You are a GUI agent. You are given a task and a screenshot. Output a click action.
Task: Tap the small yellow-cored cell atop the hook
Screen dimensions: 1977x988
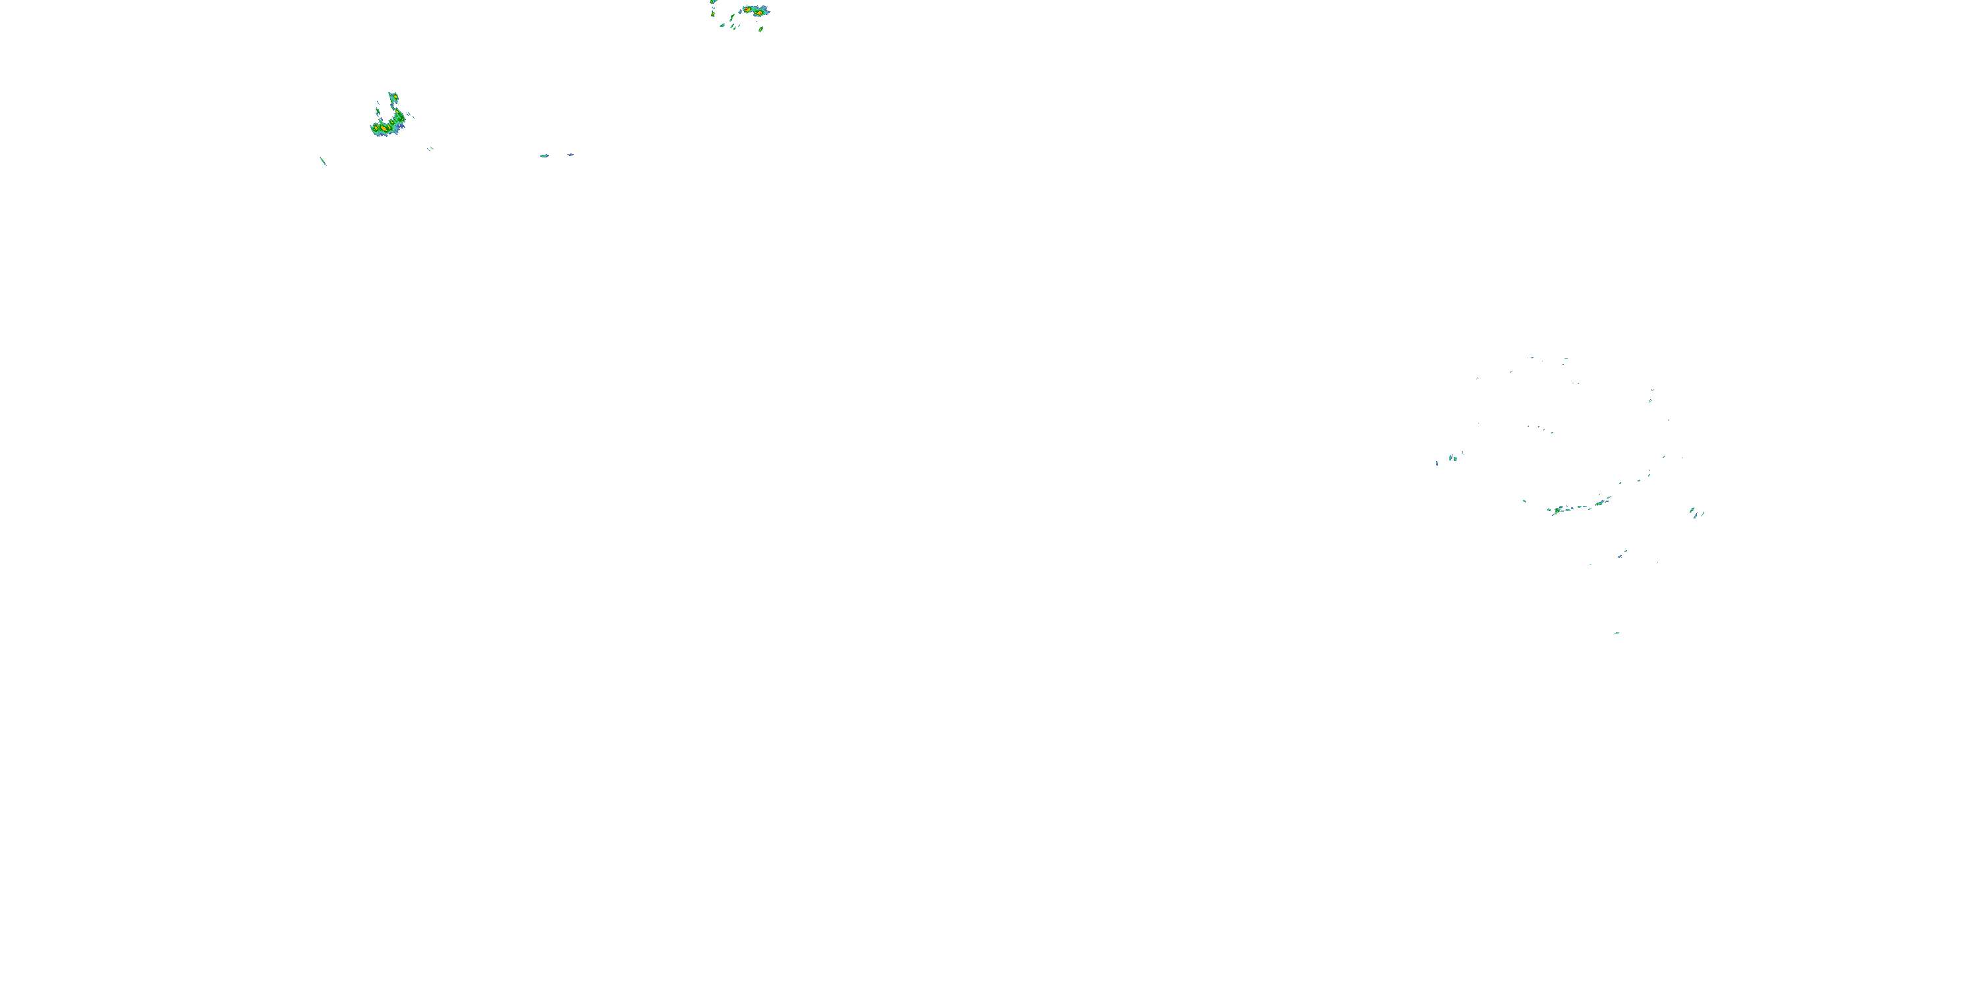click(x=393, y=97)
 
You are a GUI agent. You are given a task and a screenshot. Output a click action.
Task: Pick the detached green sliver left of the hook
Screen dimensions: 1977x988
click(x=378, y=111)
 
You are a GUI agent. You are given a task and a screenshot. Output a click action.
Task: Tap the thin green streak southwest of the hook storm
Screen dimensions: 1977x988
click(x=323, y=161)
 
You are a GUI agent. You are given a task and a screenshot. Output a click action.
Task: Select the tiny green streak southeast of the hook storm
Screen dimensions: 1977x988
click(x=430, y=148)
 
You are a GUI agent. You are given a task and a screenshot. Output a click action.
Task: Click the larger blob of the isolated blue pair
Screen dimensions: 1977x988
click(x=545, y=155)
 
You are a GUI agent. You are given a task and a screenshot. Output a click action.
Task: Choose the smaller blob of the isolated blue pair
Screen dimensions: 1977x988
click(x=570, y=155)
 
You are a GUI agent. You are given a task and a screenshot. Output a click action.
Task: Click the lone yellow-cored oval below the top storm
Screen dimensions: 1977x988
click(x=760, y=28)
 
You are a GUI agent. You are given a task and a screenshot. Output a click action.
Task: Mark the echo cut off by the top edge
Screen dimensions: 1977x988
click(x=714, y=2)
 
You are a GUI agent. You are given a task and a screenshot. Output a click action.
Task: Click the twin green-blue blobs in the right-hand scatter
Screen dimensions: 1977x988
click(x=1453, y=458)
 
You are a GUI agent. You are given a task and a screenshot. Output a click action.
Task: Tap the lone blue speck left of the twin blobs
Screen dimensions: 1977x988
click(x=1437, y=463)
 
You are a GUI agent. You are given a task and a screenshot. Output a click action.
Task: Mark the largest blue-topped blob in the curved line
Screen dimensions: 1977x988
click(x=1601, y=503)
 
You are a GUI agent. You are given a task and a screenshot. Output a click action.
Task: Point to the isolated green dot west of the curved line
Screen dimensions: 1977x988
click(x=1524, y=501)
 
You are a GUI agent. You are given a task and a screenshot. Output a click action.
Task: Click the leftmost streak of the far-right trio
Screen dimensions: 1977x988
click(x=1692, y=510)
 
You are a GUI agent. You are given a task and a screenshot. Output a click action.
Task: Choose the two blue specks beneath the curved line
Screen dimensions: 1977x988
click(x=1622, y=554)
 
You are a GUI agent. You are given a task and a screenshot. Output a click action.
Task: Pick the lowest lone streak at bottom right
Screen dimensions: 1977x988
click(x=1617, y=633)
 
